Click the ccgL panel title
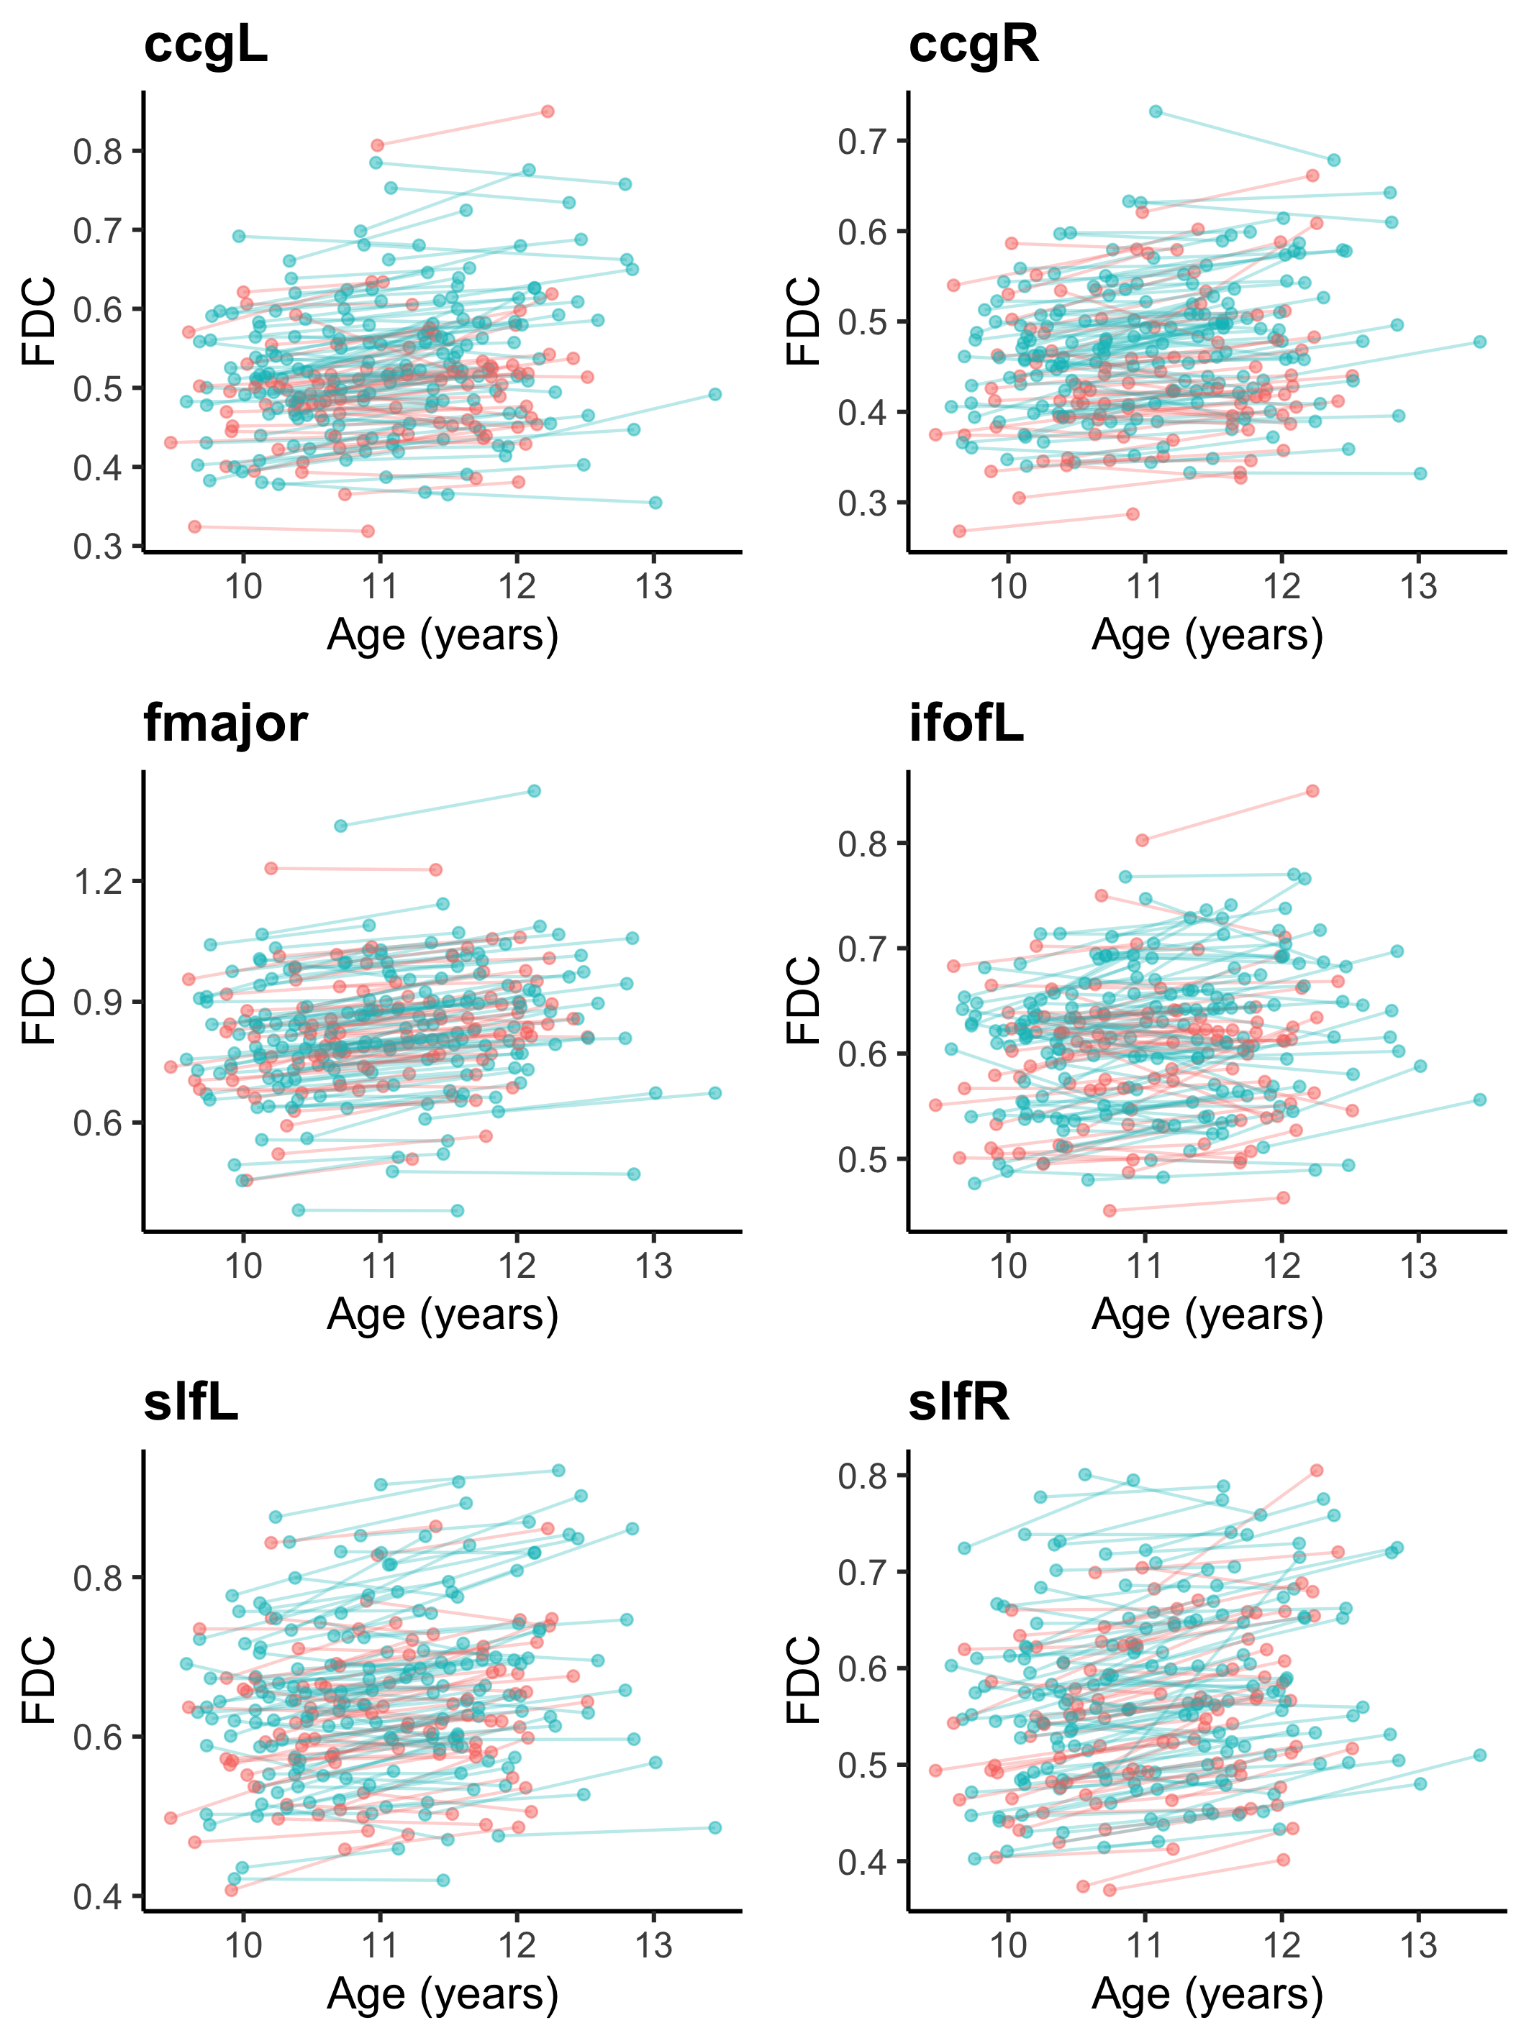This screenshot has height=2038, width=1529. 206,44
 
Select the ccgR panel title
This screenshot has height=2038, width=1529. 974,44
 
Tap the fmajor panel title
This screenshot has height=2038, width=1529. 226,723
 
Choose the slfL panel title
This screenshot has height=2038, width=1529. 191,1402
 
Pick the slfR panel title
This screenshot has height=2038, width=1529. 958,1402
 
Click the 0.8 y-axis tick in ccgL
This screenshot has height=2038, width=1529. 98,151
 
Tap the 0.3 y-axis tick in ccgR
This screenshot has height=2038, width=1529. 862,504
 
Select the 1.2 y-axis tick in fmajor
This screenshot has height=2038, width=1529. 98,882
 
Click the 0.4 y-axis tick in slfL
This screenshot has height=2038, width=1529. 98,1897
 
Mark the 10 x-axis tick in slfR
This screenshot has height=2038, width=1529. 1008,1946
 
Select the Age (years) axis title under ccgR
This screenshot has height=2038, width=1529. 1207,636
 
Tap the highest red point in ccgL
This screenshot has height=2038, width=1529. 548,111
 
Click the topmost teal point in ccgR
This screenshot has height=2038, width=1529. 1156,112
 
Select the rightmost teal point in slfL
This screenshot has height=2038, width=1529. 715,1828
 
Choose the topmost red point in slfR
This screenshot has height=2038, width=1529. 1317,1471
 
